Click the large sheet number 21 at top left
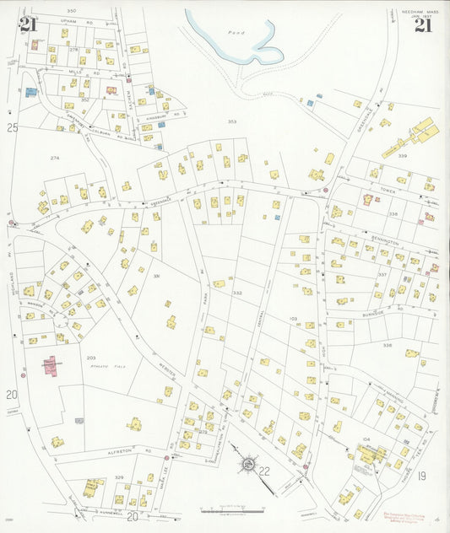click(28, 24)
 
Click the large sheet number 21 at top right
click(423, 24)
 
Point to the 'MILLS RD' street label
click(82, 73)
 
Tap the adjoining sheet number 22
click(264, 471)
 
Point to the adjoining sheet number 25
click(12, 127)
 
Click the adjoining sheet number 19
click(421, 476)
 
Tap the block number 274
click(55, 158)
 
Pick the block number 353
click(231, 121)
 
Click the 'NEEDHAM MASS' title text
click(414, 10)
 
